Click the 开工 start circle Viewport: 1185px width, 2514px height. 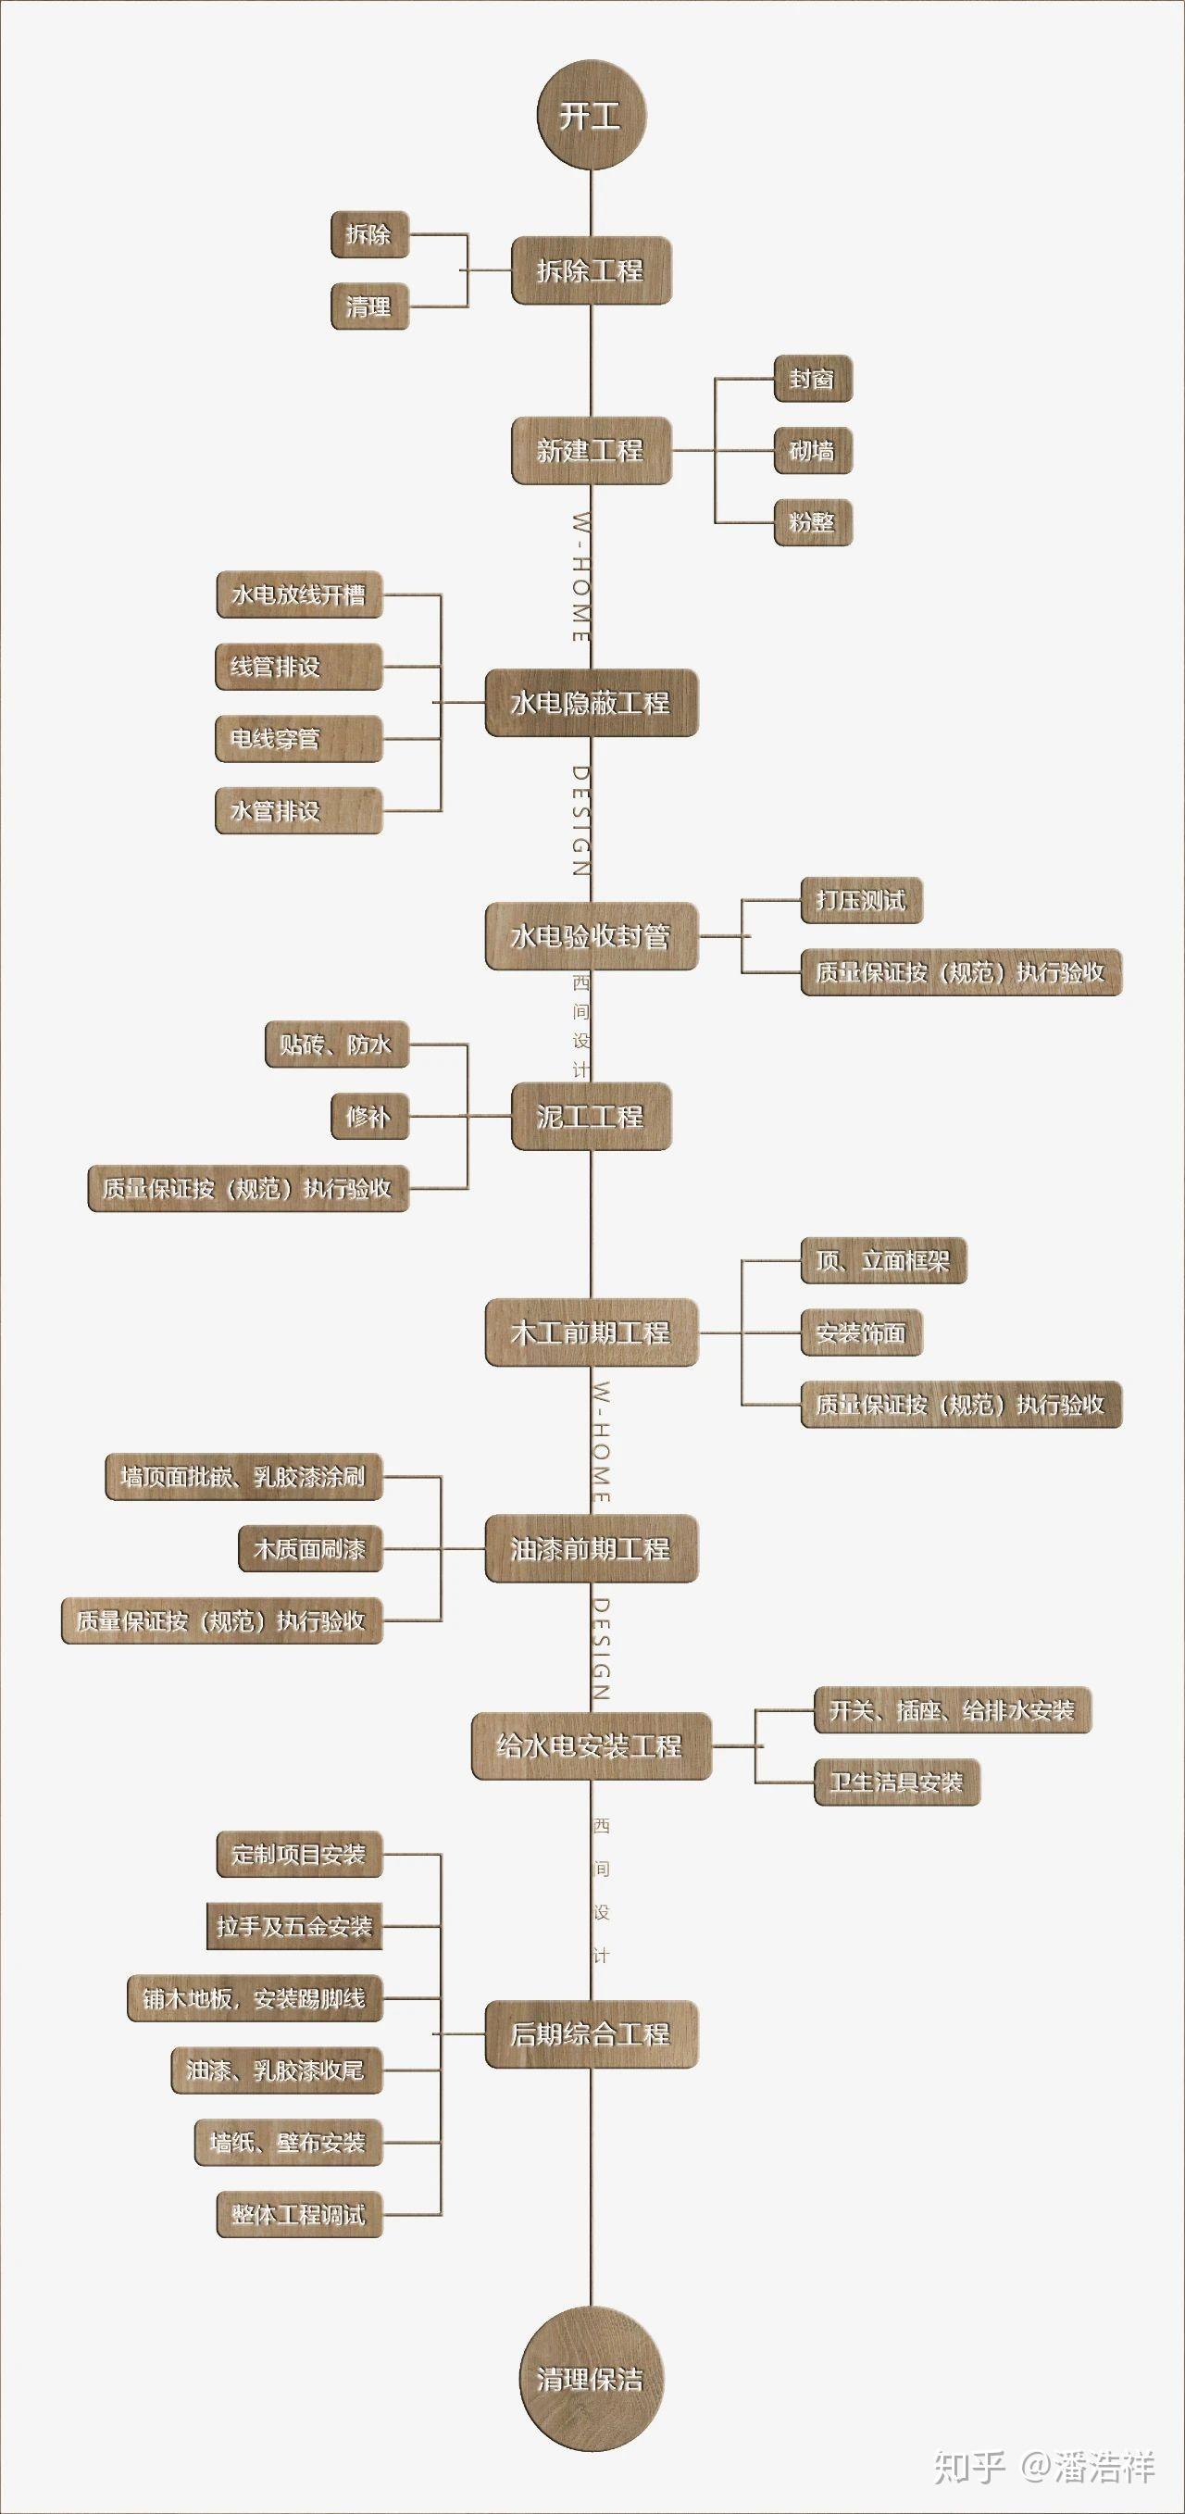pyautogui.click(x=592, y=115)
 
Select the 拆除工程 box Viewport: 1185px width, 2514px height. pyautogui.click(x=592, y=270)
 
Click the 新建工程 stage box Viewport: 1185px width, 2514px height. pyautogui.click(x=592, y=450)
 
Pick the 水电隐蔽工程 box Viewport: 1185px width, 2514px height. pyautogui.click(x=592, y=703)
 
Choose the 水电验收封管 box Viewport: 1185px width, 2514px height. pyautogui.click(x=592, y=936)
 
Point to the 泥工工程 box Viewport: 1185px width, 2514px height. pyautogui.click(x=592, y=1117)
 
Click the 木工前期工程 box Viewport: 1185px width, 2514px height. pyautogui.click(x=592, y=1332)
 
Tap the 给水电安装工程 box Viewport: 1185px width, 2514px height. pyautogui.click(x=592, y=1746)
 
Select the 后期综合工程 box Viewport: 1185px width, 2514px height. pyautogui.click(x=592, y=2033)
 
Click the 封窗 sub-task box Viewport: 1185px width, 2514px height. pyautogui.click(x=813, y=379)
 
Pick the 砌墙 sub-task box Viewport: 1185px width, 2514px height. pyautogui.click(x=813, y=451)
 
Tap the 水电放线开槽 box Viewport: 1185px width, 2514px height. pyautogui.click(x=299, y=594)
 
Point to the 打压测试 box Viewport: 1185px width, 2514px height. pyautogui.click(x=862, y=900)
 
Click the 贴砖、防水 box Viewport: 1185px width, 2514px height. pyautogui.click(x=337, y=1044)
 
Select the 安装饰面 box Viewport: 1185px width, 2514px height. pyautogui.click(x=862, y=1332)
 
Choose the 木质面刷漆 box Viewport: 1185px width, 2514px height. pyautogui.click(x=310, y=1548)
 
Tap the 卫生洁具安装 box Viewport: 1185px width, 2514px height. pyautogui.click(x=897, y=1782)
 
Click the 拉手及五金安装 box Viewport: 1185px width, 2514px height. pyautogui.click(x=294, y=1925)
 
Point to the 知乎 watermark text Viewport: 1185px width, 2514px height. pyautogui.click(x=970, y=2466)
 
